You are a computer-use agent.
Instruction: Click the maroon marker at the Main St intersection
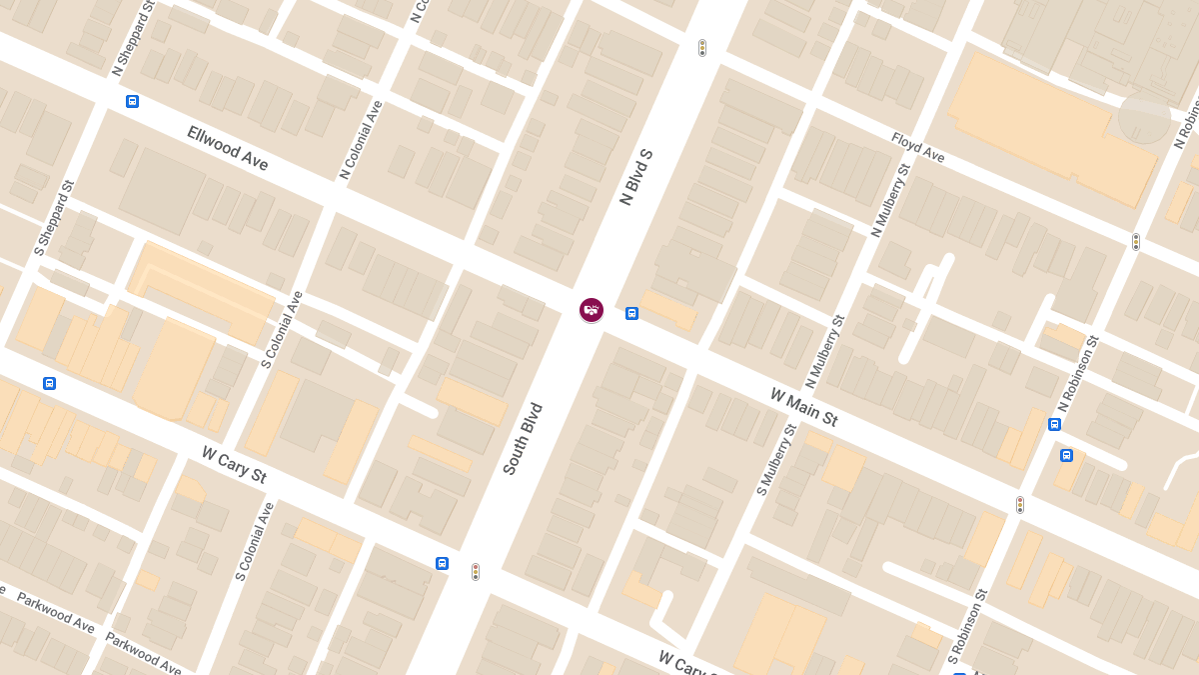[x=592, y=310]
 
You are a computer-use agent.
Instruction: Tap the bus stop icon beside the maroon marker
[x=631, y=314]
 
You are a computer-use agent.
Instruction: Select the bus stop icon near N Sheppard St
[x=132, y=101]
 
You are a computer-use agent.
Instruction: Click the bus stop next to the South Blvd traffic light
[x=442, y=563]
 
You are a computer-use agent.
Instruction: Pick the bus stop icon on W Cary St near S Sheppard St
[x=49, y=383]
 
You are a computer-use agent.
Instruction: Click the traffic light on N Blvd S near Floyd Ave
[x=702, y=48]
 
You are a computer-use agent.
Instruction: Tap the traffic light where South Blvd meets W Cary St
[x=476, y=571]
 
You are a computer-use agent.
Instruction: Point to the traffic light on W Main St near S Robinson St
[x=1020, y=505]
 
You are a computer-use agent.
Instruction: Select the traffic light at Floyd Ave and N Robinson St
[x=1136, y=241]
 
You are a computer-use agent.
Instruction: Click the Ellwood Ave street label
[x=228, y=148]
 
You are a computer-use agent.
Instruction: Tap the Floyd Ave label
[x=917, y=147]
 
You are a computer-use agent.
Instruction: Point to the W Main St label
[x=803, y=407]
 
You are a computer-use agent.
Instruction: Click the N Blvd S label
[x=635, y=177]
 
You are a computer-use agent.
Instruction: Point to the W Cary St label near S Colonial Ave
[x=234, y=465]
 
